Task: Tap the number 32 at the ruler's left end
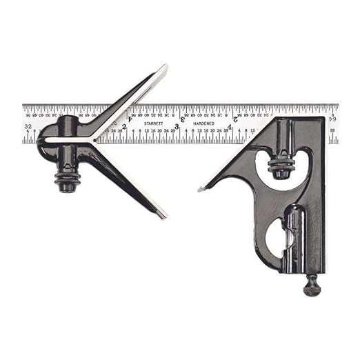tap(28, 127)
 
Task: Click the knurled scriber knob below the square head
tap(312, 285)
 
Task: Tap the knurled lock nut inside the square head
tap(281, 166)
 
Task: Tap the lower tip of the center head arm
tap(163, 216)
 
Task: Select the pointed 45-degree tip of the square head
tap(200, 188)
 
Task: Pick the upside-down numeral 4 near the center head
tap(130, 118)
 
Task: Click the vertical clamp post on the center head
tap(68, 145)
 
